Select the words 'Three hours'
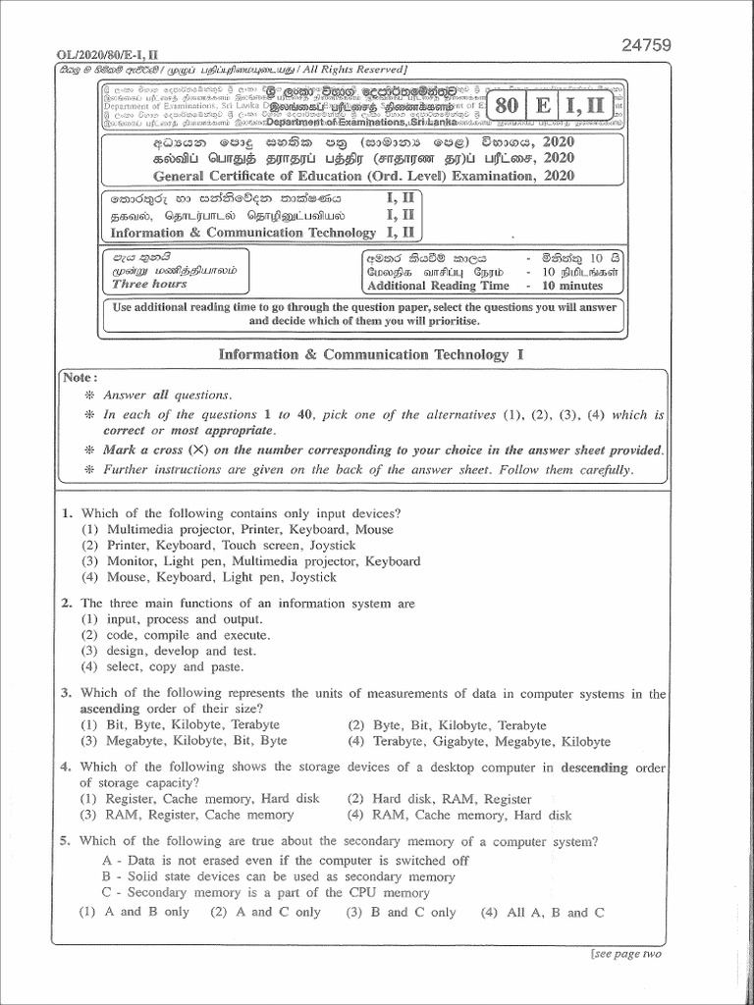pyautogui.click(x=149, y=284)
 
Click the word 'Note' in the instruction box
pyautogui.click(x=79, y=377)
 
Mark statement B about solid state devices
pyautogui.click(x=278, y=876)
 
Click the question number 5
pyautogui.click(x=65, y=841)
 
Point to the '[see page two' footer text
pyautogui.click(x=626, y=953)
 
